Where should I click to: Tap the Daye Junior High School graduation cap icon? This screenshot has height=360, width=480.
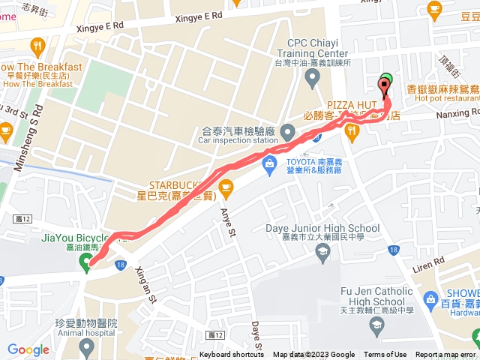pyautogui.click(x=322, y=250)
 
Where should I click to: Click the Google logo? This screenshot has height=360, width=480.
pyautogui.click(x=28, y=349)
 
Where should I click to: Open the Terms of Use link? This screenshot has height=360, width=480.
pyautogui.click(x=385, y=355)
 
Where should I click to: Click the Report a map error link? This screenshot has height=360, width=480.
pyautogui.click(x=446, y=355)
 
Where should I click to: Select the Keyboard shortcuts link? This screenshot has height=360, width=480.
pyautogui.click(x=232, y=355)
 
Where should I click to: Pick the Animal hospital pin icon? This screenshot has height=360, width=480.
pyautogui.click(x=87, y=346)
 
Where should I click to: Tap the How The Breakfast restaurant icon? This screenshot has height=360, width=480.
pyautogui.click(x=37, y=49)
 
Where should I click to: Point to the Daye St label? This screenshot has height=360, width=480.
pyautogui.click(x=256, y=336)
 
